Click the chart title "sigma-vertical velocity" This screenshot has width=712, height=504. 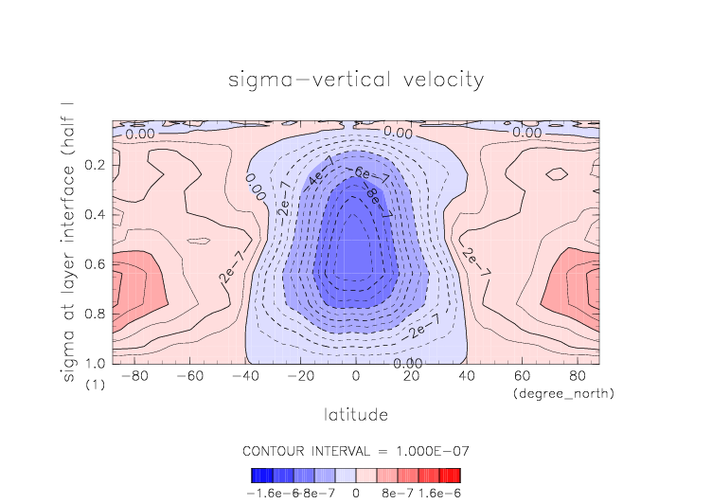356,79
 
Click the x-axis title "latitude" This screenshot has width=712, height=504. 356,414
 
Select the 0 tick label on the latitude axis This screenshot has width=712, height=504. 356,376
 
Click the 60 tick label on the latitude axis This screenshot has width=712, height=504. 521,376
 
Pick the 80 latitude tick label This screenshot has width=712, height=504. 576,376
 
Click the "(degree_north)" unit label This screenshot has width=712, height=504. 562,392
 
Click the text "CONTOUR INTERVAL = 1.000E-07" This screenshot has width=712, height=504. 356,450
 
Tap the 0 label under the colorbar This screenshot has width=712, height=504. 356,492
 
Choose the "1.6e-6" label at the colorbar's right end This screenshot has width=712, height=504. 439,492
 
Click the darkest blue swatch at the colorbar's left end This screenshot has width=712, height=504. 257,475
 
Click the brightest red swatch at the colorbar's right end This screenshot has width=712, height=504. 455,475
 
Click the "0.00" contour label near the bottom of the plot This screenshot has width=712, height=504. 408,363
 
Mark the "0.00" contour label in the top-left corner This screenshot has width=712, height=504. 140,134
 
